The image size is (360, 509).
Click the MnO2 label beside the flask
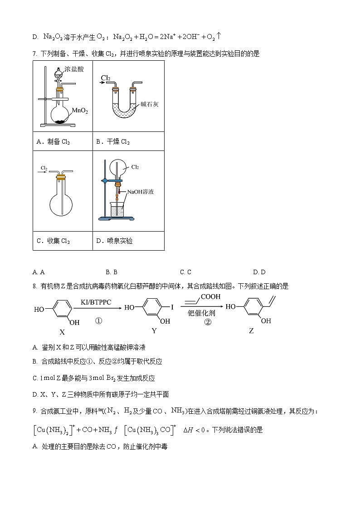point(80,111)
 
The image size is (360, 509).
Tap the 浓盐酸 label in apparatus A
point(74,69)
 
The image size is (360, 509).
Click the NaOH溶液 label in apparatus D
point(141,192)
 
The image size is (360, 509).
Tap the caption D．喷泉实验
point(114,241)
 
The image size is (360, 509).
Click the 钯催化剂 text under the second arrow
point(201,313)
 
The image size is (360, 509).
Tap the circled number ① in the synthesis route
point(98,321)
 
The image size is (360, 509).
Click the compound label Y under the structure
point(154,331)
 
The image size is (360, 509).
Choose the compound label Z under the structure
point(251,331)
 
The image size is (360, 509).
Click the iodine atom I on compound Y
point(172,307)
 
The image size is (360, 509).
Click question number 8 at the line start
point(34,286)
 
